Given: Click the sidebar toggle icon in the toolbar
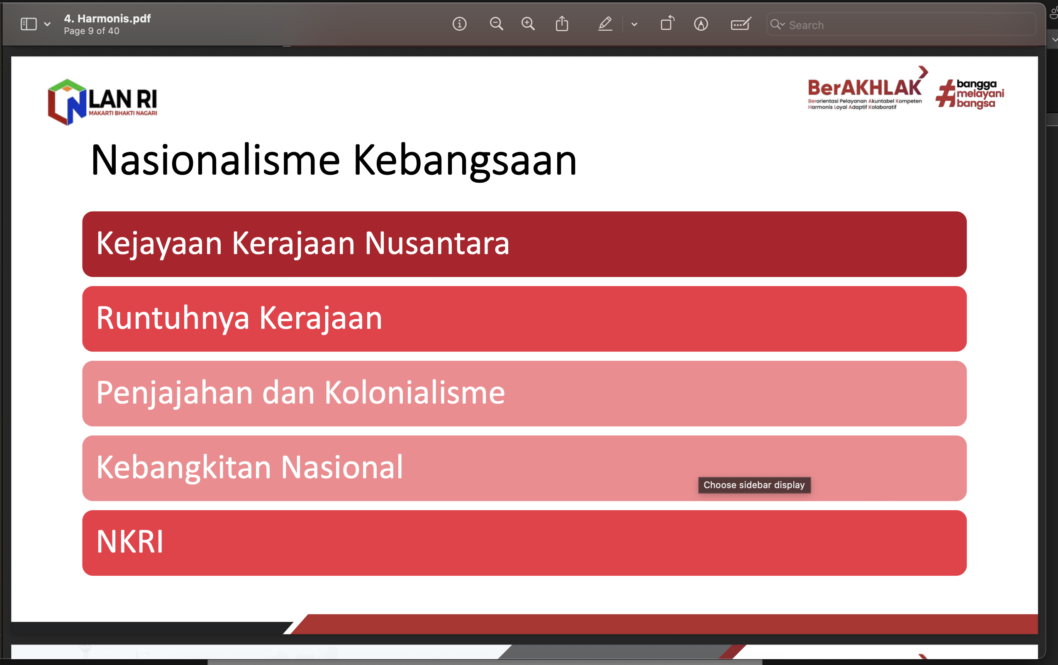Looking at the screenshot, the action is (x=29, y=24).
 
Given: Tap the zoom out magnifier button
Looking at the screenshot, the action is (x=497, y=24).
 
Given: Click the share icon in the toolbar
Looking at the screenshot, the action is (x=562, y=23).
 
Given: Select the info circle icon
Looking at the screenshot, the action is (x=460, y=24).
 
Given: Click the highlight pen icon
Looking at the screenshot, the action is (x=605, y=24).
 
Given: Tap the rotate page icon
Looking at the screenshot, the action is (x=667, y=23).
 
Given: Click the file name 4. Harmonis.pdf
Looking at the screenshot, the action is (x=107, y=18).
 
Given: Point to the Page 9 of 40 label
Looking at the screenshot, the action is (x=91, y=31).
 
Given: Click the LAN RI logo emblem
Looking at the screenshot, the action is (x=67, y=102).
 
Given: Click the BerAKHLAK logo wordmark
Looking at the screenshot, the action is (x=864, y=88).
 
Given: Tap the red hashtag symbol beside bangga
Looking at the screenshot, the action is (x=946, y=94).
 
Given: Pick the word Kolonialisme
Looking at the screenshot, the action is (x=415, y=393).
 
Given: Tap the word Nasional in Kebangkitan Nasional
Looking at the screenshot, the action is (x=342, y=467).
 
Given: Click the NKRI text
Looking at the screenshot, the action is (x=129, y=542).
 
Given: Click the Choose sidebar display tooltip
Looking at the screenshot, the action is (x=754, y=485).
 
